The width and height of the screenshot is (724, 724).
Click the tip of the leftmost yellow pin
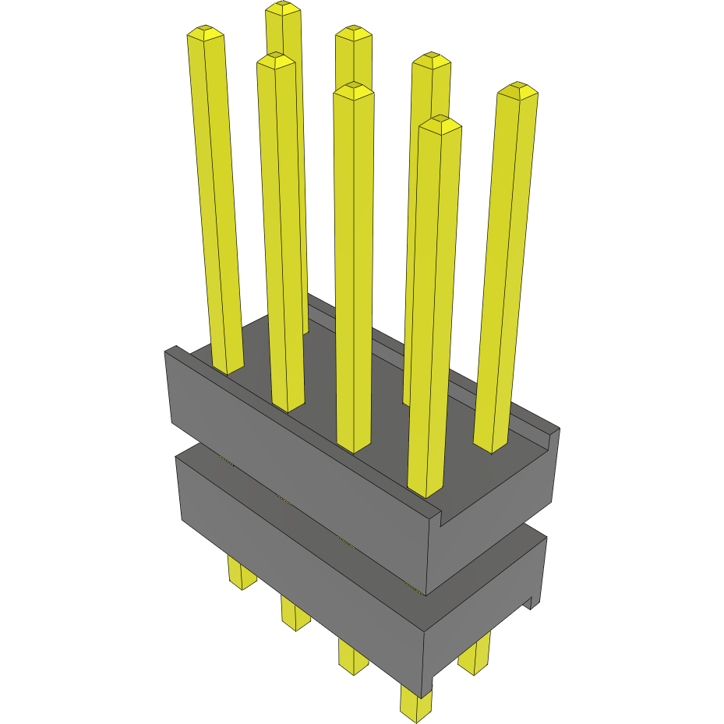tap(205, 34)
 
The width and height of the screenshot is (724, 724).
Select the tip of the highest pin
tap(283, 9)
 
